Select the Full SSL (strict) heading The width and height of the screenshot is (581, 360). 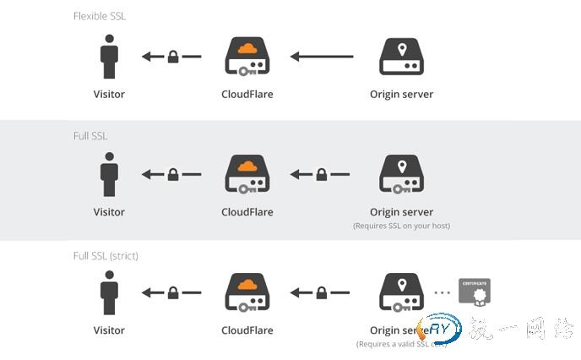click(x=106, y=255)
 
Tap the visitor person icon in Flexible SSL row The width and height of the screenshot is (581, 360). click(x=108, y=57)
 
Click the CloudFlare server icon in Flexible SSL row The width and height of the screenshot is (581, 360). click(x=247, y=57)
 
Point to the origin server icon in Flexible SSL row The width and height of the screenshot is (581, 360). click(x=401, y=57)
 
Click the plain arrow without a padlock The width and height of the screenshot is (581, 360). click(x=323, y=57)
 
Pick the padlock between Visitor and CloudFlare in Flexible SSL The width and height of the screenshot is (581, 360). click(x=173, y=57)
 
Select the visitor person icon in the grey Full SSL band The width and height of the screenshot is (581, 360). click(x=108, y=174)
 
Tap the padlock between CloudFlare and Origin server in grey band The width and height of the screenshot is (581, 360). click(x=322, y=175)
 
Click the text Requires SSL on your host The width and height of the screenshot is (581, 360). click(x=401, y=226)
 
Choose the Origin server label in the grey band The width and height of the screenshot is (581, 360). click(x=401, y=212)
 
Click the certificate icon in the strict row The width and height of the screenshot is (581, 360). click(x=474, y=292)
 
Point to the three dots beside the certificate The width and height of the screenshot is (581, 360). click(x=441, y=293)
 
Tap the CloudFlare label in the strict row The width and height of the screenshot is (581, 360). click(x=247, y=330)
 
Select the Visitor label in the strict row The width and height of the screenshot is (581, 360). click(x=108, y=330)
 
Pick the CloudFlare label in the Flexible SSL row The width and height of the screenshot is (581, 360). click(x=247, y=95)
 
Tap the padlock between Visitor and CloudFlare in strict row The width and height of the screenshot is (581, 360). click(x=173, y=293)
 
